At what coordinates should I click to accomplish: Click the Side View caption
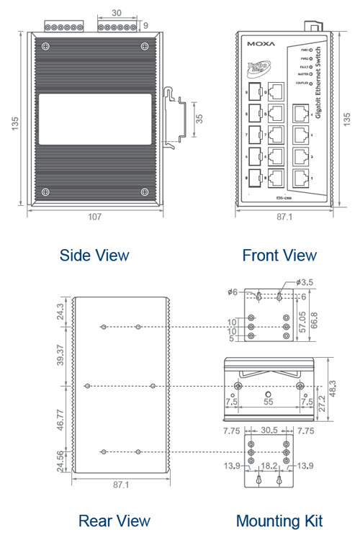[94, 255]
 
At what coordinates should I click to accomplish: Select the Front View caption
[279, 255]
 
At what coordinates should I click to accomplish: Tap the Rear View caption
[114, 520]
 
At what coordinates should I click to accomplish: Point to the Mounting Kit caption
[279, 520]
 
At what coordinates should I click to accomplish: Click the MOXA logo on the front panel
[261, 44]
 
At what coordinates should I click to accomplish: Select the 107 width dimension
[95, 216]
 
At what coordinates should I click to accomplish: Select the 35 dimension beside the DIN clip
[199, 118]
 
